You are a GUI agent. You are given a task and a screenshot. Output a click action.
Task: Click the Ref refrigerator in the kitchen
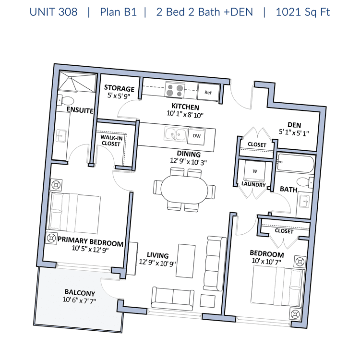coord(208,92)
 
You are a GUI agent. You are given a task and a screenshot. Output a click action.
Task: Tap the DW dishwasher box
coord(196,136)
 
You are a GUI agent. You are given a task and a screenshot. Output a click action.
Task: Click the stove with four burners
coord(175,90)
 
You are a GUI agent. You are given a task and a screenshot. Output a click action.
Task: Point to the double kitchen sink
coord(175,134)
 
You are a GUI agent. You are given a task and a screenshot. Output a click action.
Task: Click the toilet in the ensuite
coord(65,100)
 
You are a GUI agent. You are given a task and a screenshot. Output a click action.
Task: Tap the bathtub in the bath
coord(295,163)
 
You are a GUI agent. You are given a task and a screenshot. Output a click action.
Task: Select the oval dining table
coord(184,190)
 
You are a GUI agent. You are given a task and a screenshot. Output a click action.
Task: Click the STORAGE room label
coord(119,88)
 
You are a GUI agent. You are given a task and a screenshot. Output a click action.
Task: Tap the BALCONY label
coord(80,292)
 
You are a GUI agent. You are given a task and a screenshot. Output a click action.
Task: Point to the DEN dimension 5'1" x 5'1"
coord(294,132)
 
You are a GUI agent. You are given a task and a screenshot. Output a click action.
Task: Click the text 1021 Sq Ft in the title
coord(302,12)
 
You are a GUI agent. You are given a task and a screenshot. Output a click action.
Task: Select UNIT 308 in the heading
coord(53,12)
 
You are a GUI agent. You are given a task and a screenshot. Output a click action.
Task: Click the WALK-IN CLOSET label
coord(111,141)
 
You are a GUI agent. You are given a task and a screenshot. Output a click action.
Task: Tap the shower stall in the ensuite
coord(77,82)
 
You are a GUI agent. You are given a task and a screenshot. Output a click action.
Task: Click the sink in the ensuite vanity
coord(61,136)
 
